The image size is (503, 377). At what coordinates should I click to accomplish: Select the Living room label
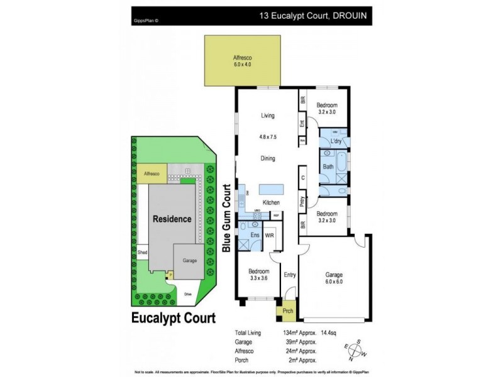click(269, 115)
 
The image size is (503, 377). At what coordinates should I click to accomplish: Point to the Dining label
click(268, 158)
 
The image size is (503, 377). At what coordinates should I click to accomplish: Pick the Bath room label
click(328, 167)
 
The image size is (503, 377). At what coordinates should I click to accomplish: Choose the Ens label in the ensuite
click(255, 235)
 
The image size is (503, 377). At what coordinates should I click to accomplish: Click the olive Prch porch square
click(287, 310)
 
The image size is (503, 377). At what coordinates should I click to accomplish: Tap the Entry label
click(290, 274)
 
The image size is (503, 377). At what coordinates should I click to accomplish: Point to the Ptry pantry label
click(302, 202)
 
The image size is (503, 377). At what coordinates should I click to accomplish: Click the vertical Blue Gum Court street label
click(227, 219)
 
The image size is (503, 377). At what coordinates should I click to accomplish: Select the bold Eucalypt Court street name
click(174, 317)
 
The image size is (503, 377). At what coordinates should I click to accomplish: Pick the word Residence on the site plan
click(172, 219)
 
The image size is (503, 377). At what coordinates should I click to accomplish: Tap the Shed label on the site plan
click(142, 253)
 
